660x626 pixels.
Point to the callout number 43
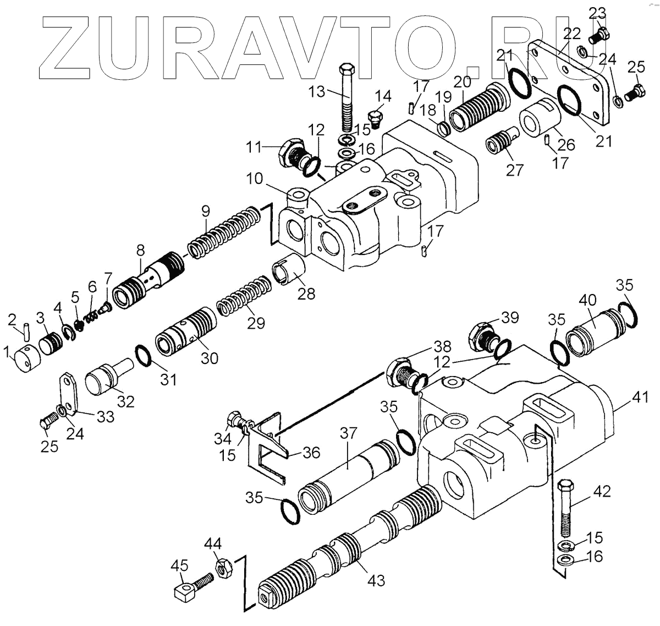(x=377, y=580)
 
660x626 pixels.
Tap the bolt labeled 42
(x=566, y=509)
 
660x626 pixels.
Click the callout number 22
(x=572, y=34)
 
